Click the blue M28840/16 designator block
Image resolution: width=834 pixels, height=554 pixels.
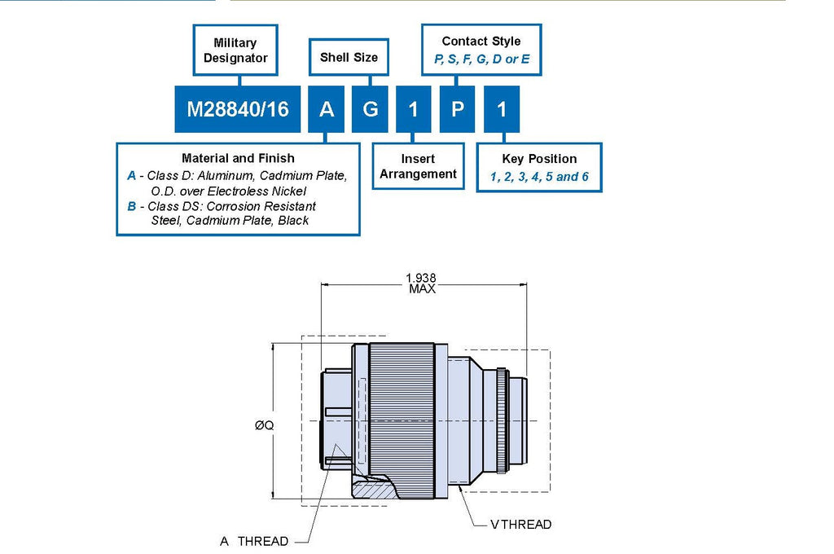[237, 109]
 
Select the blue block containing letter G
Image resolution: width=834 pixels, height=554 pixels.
[370, 109]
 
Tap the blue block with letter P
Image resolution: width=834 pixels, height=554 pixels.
[457, 109]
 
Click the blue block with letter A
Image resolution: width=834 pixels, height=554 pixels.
[326, 109]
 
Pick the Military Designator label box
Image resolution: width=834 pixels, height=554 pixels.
[235, 50]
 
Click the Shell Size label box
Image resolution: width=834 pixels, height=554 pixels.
[349, 57]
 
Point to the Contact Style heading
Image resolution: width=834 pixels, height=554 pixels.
[481, 41]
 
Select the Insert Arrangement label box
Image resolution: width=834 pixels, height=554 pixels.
[418, 166]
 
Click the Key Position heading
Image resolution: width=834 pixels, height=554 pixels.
[539, 159]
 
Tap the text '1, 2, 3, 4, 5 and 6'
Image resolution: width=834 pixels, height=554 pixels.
[539, 177]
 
